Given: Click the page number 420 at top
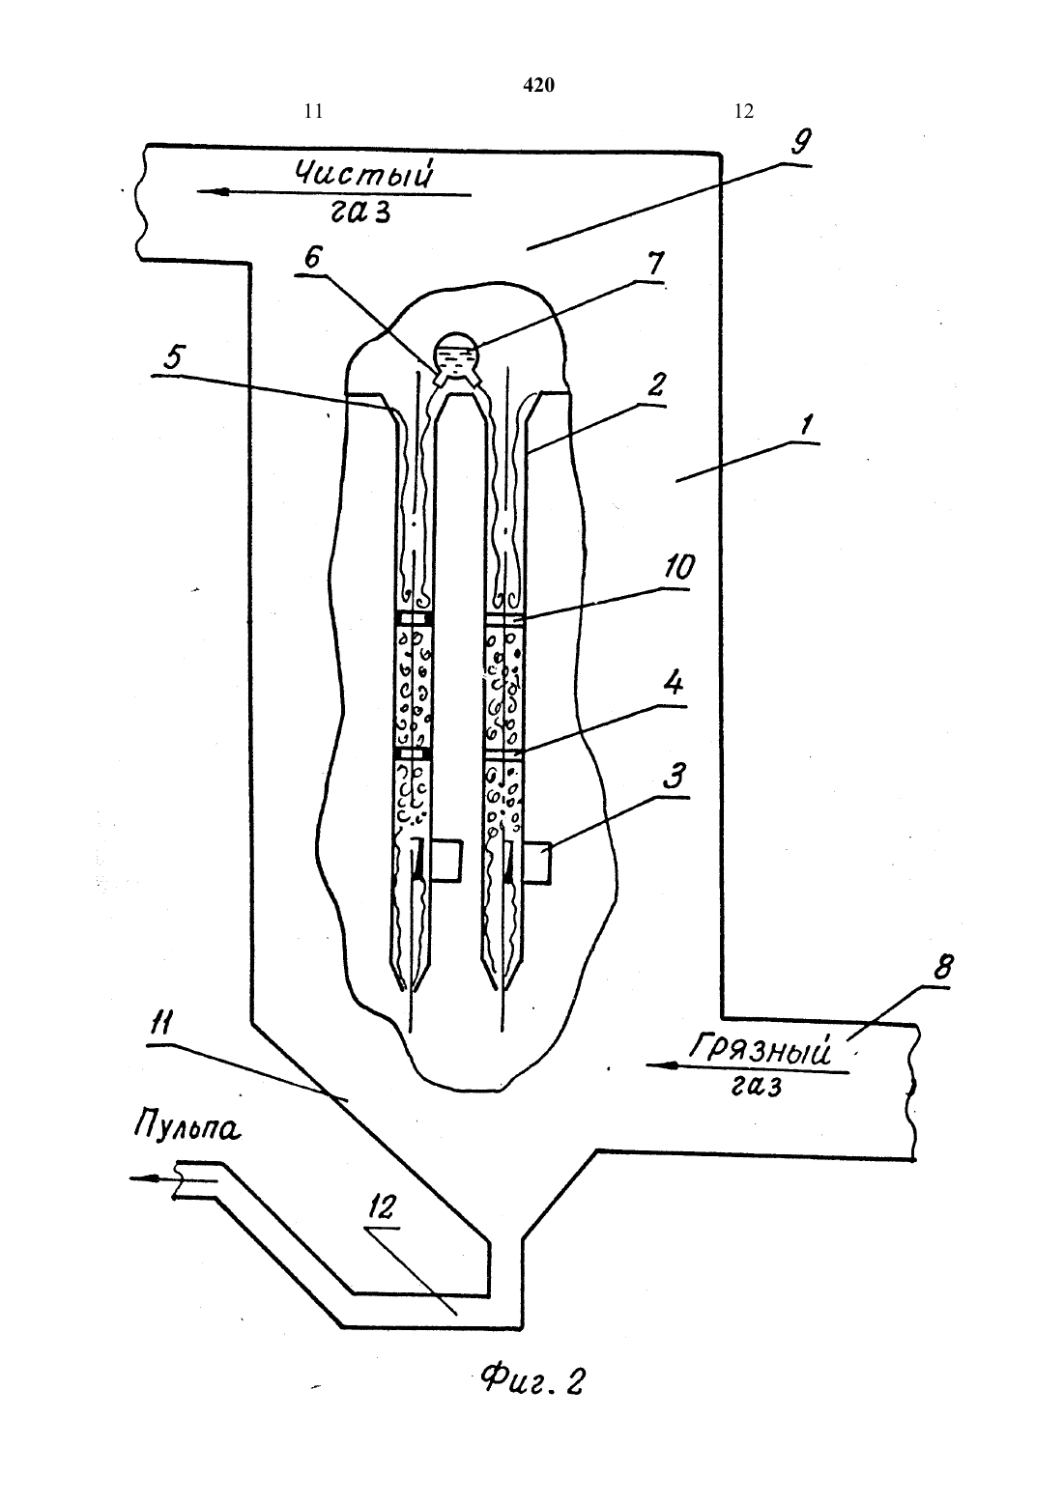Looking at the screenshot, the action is point(539,85).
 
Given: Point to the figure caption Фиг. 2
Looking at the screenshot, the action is point(532,1381).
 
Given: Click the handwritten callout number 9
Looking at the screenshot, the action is point(800,142).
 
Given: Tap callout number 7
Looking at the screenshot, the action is point(654,263).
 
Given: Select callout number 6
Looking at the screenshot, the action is point(313,257).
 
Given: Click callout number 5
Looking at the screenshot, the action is point(172,357).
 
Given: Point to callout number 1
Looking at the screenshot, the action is point(806,424).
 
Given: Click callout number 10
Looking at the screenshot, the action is point(678,568).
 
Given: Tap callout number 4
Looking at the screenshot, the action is point(674,685).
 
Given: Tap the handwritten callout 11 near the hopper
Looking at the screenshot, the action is point(161,1024).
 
